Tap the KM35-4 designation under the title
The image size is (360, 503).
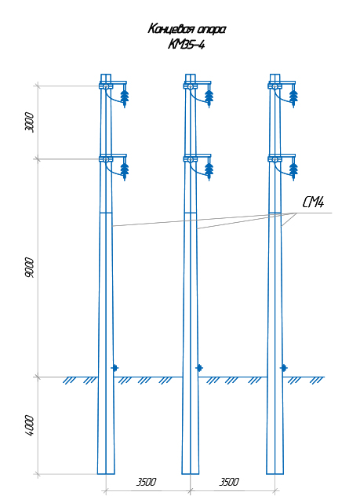point(186,44)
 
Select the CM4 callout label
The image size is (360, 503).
point(313,202)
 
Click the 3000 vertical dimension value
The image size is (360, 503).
point(29,122)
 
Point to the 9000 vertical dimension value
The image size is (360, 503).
point(29,268)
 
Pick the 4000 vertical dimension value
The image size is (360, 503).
point(29,425)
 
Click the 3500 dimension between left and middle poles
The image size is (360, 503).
point(146,482)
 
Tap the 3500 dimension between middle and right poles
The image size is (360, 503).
point(229,482)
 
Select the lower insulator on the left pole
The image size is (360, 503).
point(125,171)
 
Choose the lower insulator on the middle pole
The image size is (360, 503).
point(209,171)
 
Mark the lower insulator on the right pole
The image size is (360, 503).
point(293,171)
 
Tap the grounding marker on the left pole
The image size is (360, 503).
point(115,368)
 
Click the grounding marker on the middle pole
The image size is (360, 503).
point(199,368)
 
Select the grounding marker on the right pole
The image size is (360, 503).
point(284,368)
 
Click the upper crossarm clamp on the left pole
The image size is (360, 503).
point(106,86)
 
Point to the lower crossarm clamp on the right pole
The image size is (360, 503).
point(275,159)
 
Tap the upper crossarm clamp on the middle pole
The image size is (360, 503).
point(191,86)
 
